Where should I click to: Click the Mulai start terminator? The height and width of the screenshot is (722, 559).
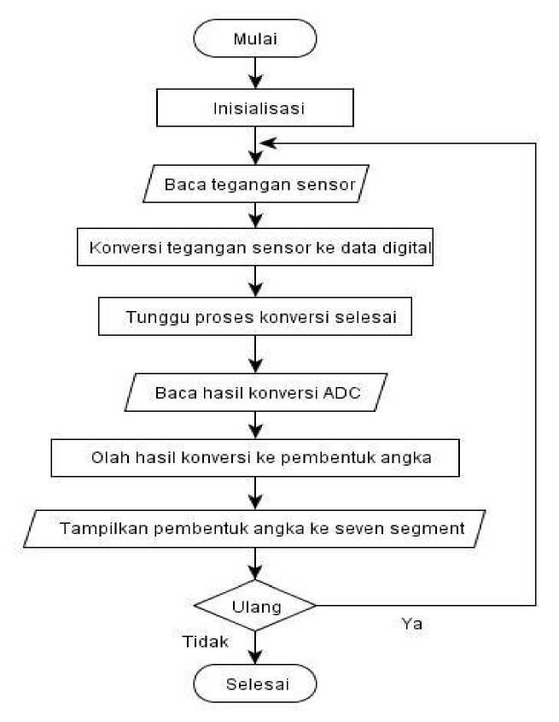[x=255, y=38]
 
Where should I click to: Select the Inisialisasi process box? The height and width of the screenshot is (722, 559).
[x=255, y=108]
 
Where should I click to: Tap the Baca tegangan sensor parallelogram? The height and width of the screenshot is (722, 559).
[x=256, y=184]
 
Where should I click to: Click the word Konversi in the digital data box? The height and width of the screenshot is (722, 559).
[x=125, y=248]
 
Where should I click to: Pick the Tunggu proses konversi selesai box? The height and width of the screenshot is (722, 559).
[x=255, y=316]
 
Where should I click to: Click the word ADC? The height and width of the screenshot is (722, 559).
[x=342, y=393]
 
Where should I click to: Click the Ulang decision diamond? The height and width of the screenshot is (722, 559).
[x=255, y=606]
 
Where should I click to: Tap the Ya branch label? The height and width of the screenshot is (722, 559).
[x=411, y=624]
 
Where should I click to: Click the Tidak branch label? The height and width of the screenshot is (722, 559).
[x=206, y=642]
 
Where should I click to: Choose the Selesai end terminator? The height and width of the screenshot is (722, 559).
[x=255, y=684]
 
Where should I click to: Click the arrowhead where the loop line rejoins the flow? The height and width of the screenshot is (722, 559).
[x=268, y=144]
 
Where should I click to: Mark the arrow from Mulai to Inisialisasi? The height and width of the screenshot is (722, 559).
[x=255, y=73]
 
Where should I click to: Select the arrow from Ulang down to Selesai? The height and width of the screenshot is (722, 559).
[x=255, y=648]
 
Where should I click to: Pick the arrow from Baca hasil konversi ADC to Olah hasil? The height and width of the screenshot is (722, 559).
[x=255, y=425]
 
